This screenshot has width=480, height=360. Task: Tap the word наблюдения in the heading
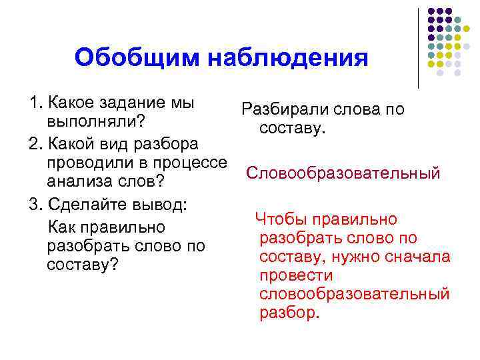tap(289, 58)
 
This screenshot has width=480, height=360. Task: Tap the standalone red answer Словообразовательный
tap(343, 173)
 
